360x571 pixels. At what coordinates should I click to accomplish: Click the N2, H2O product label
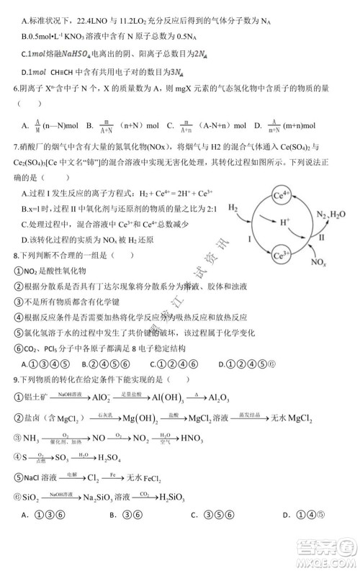[x=332, y=214]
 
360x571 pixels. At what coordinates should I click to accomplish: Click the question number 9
[x=16, y=379]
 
